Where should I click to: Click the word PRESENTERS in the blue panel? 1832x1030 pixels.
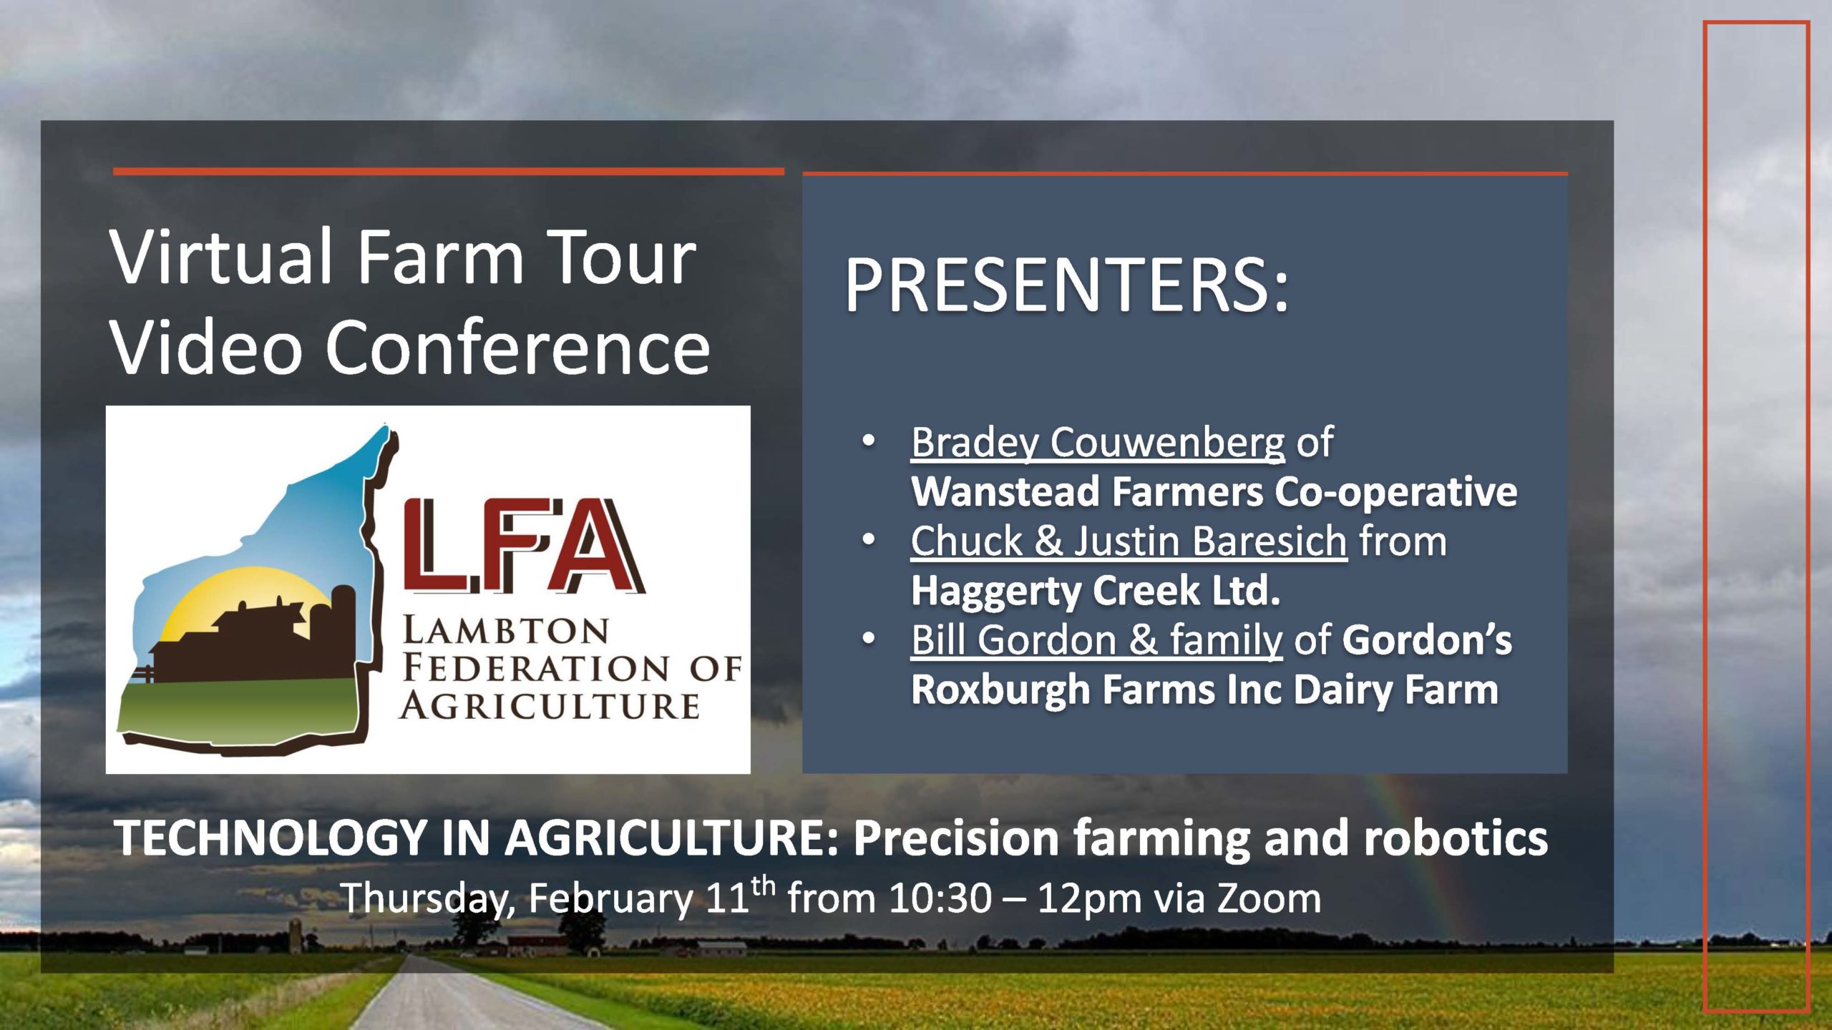click(x=1066, y=285)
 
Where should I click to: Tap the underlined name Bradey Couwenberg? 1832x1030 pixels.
click(x=1098, y=442)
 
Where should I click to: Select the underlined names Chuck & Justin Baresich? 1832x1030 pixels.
click(x=1129, y=541)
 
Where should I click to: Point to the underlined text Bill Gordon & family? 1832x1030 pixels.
click(x=1096, y=639)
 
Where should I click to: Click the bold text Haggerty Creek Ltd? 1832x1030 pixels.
click(x=1096, y=591)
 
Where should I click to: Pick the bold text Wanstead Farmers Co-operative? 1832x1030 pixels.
click(x=1214, y=492)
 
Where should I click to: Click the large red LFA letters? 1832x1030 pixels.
click(x=524, y=546)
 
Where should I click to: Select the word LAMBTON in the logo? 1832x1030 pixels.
click(x=506, y=632)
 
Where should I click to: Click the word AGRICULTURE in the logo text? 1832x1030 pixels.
click(x=550, y=707)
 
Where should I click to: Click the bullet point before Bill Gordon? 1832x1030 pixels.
click(x=869, y=639)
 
